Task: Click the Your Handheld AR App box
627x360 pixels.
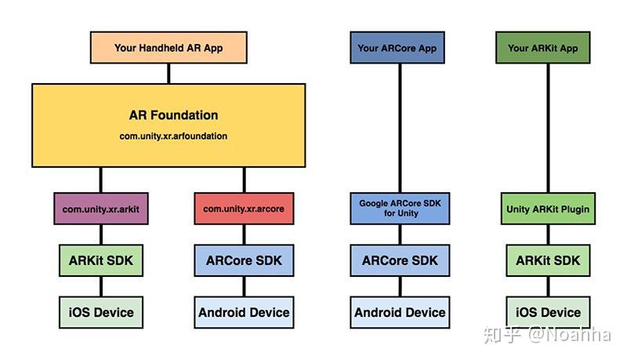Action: pos(169,48)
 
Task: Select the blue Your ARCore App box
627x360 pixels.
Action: pos(397,48)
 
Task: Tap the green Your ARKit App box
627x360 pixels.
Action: pos(543,48)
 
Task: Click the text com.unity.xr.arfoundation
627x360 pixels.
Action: pos(173,136)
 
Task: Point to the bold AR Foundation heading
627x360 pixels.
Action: pos(173,115)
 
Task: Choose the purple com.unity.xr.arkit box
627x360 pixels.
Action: pos(100,209)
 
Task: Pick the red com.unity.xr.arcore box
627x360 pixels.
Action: pos(244,209)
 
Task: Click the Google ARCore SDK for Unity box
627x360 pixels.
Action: pos(400,208)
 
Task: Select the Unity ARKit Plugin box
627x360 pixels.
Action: pos(548,209)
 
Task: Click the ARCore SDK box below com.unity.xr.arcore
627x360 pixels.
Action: pos(244,260)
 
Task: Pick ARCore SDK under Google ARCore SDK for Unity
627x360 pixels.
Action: pos(400,260)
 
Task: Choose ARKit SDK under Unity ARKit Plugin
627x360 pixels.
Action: pos(548,260)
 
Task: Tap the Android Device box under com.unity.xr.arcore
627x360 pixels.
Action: pos(244,312)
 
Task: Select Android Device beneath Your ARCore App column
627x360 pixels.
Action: pos(400,312)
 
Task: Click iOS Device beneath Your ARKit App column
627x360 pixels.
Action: pos(548,312)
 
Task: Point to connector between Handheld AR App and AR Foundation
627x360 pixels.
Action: pos(169,74)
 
